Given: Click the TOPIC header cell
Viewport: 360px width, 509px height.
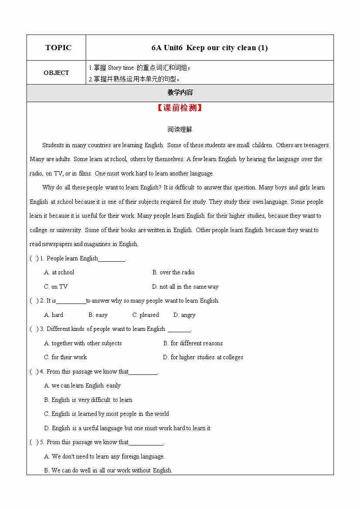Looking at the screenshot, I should [x=58, y=48].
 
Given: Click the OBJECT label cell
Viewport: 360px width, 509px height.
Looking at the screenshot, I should [x=56, y=73].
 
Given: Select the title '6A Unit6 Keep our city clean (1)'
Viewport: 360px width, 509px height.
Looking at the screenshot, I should [x=209, y=48].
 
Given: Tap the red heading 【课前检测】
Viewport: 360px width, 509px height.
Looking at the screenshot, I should [x=180, y=108].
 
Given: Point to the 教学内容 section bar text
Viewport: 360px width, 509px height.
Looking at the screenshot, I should [x=180, y=93].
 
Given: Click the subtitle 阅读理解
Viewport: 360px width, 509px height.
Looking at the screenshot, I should [x=180, y=129].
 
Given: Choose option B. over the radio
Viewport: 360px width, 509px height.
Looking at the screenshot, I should [x=173, y=273].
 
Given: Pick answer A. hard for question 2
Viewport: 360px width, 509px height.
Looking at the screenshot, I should [x=54, y=315].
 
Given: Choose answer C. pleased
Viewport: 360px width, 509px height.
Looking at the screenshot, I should [x=145, y=315].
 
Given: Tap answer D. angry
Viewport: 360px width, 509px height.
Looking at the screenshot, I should [x=184, y=315].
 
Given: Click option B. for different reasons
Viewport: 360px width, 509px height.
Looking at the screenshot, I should [x=193, y=344].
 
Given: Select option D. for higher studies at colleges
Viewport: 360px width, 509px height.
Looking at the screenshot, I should [x=203, y=357].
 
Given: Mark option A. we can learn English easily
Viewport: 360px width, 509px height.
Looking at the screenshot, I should [x=82, y=386].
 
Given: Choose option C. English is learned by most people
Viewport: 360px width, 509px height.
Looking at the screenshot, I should [x=106, y=414].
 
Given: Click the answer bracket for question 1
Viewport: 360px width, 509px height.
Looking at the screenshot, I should [x=34, y=259].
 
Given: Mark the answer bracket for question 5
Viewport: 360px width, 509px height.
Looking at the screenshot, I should [x=34, y=442].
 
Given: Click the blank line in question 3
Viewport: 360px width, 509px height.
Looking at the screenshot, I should [x=179, y=330].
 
